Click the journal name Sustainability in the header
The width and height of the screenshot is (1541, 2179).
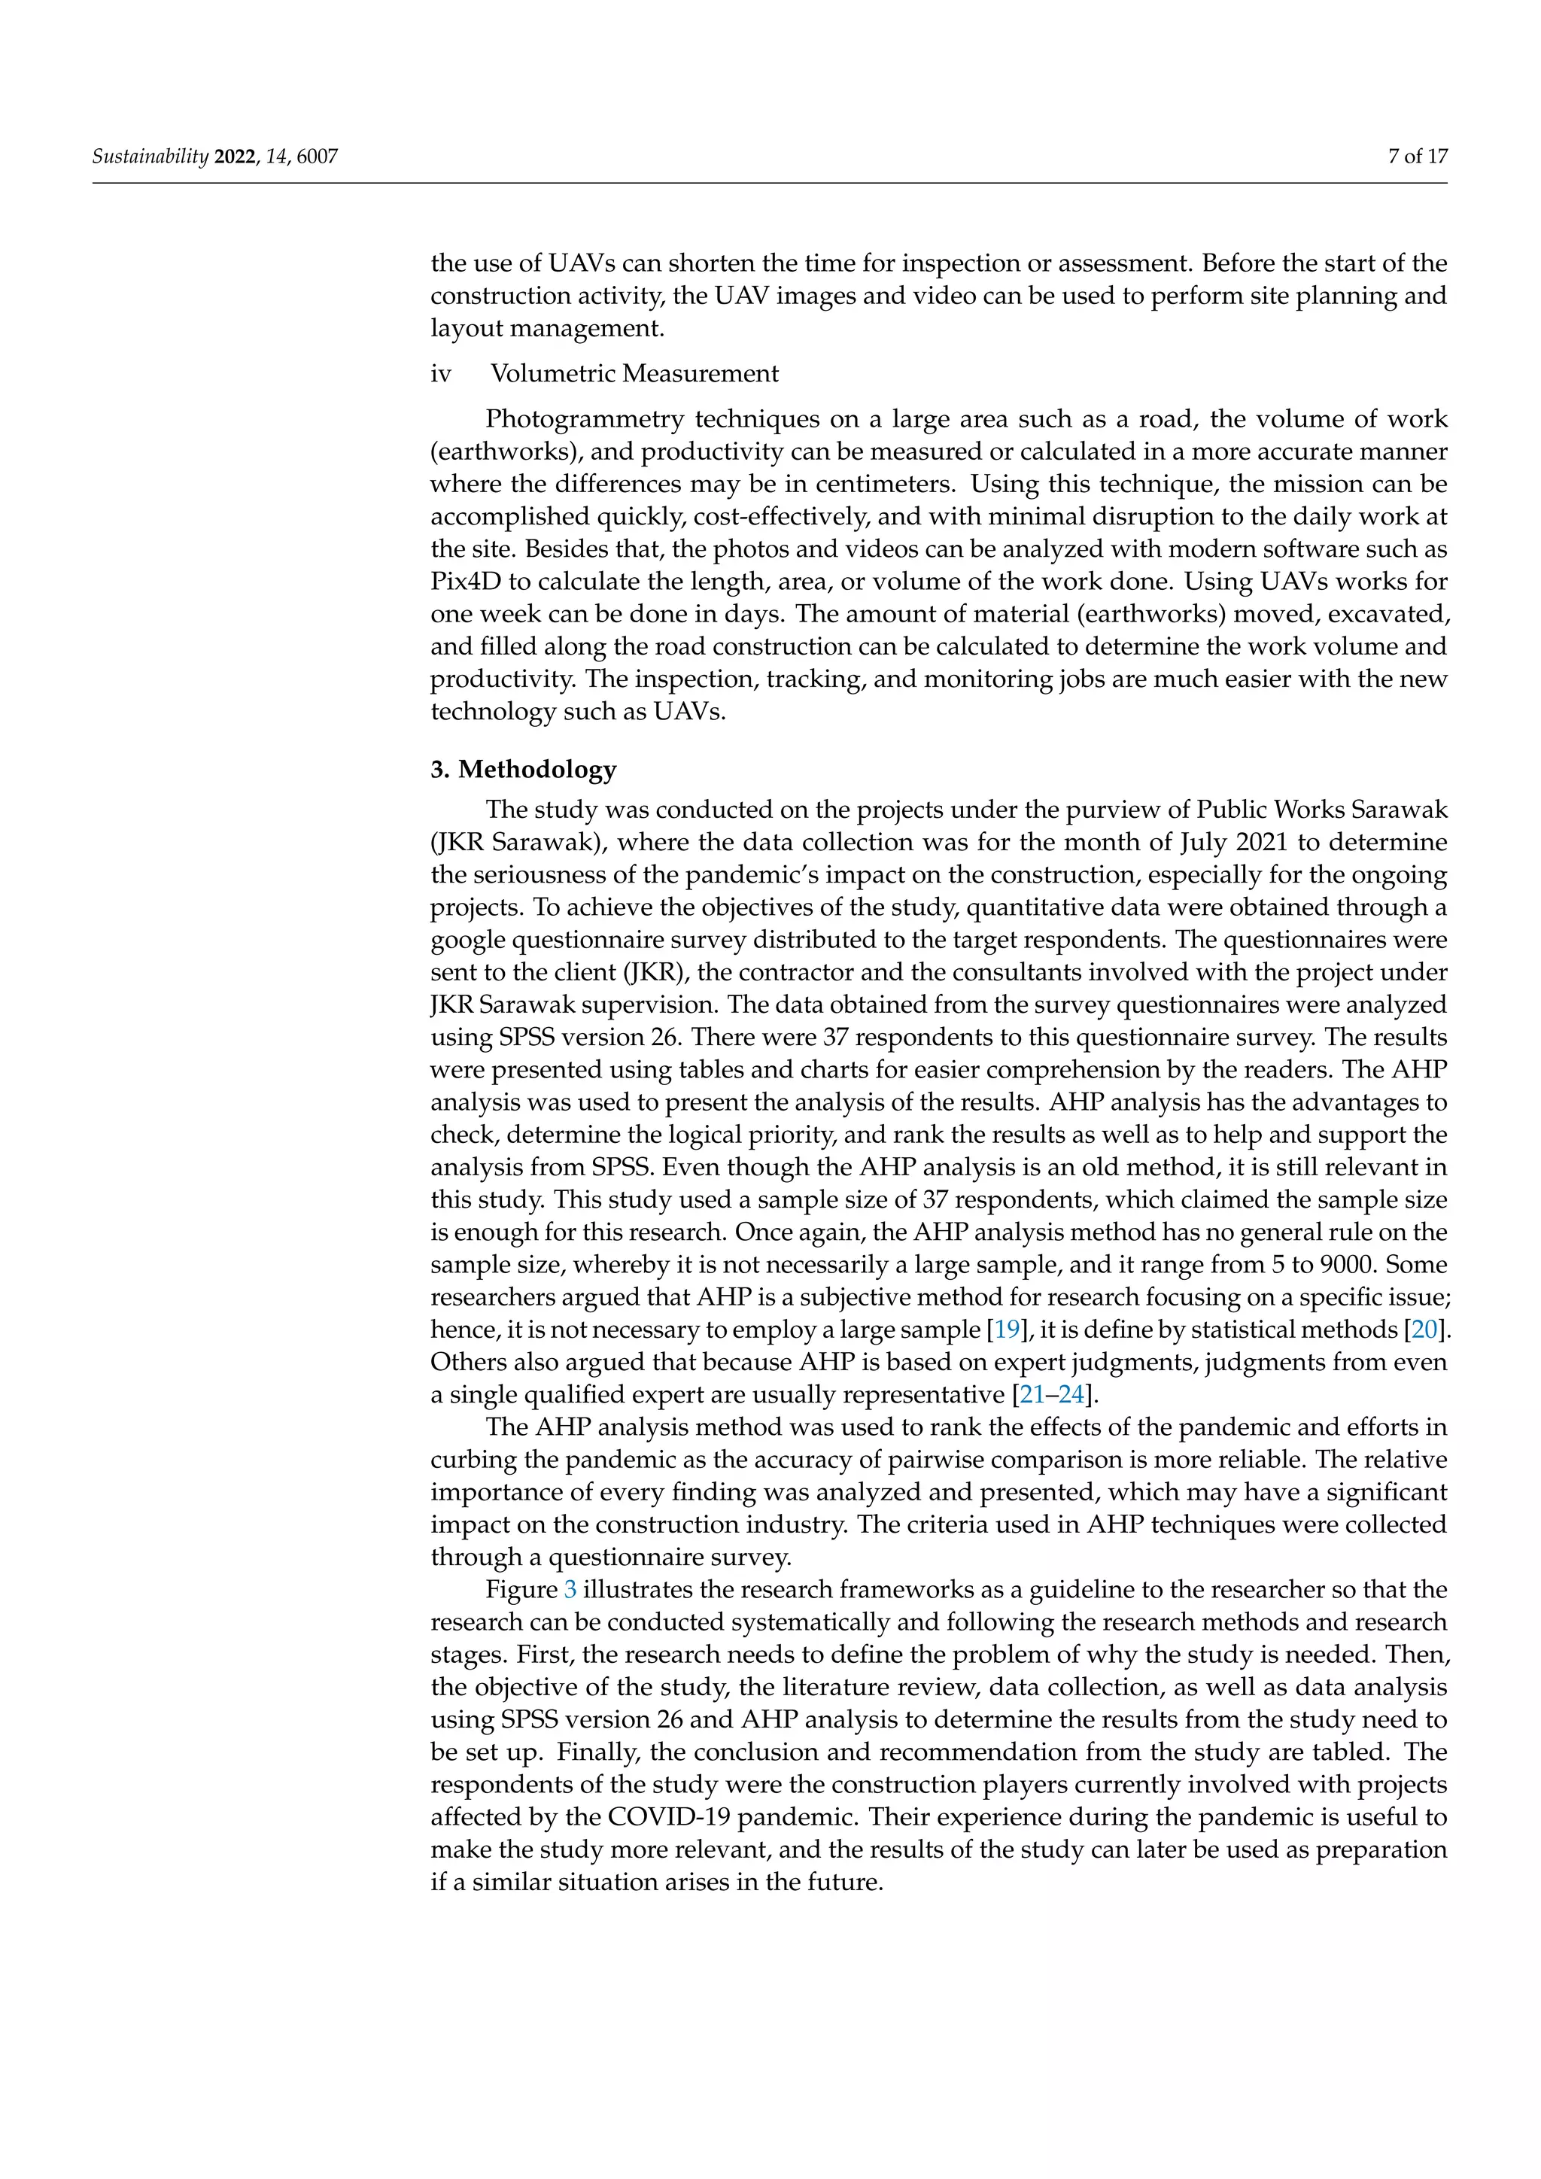pyautogui.click(x=150, y=157)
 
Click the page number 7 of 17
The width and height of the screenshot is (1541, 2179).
pyautogui.click(x=1418, y=157)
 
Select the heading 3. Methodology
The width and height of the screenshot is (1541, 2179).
pyautogui.click(x=523, y=769)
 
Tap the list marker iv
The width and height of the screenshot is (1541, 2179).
pyautogui.click(x=440, y=374)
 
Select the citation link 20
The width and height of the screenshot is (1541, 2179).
pyautogui.click(x=1424, y=1330)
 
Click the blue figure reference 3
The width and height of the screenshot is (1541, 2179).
pyautogui.click(x=570, y=1590)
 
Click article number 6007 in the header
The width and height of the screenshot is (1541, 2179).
pyautogui.click(x=317, y=157)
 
